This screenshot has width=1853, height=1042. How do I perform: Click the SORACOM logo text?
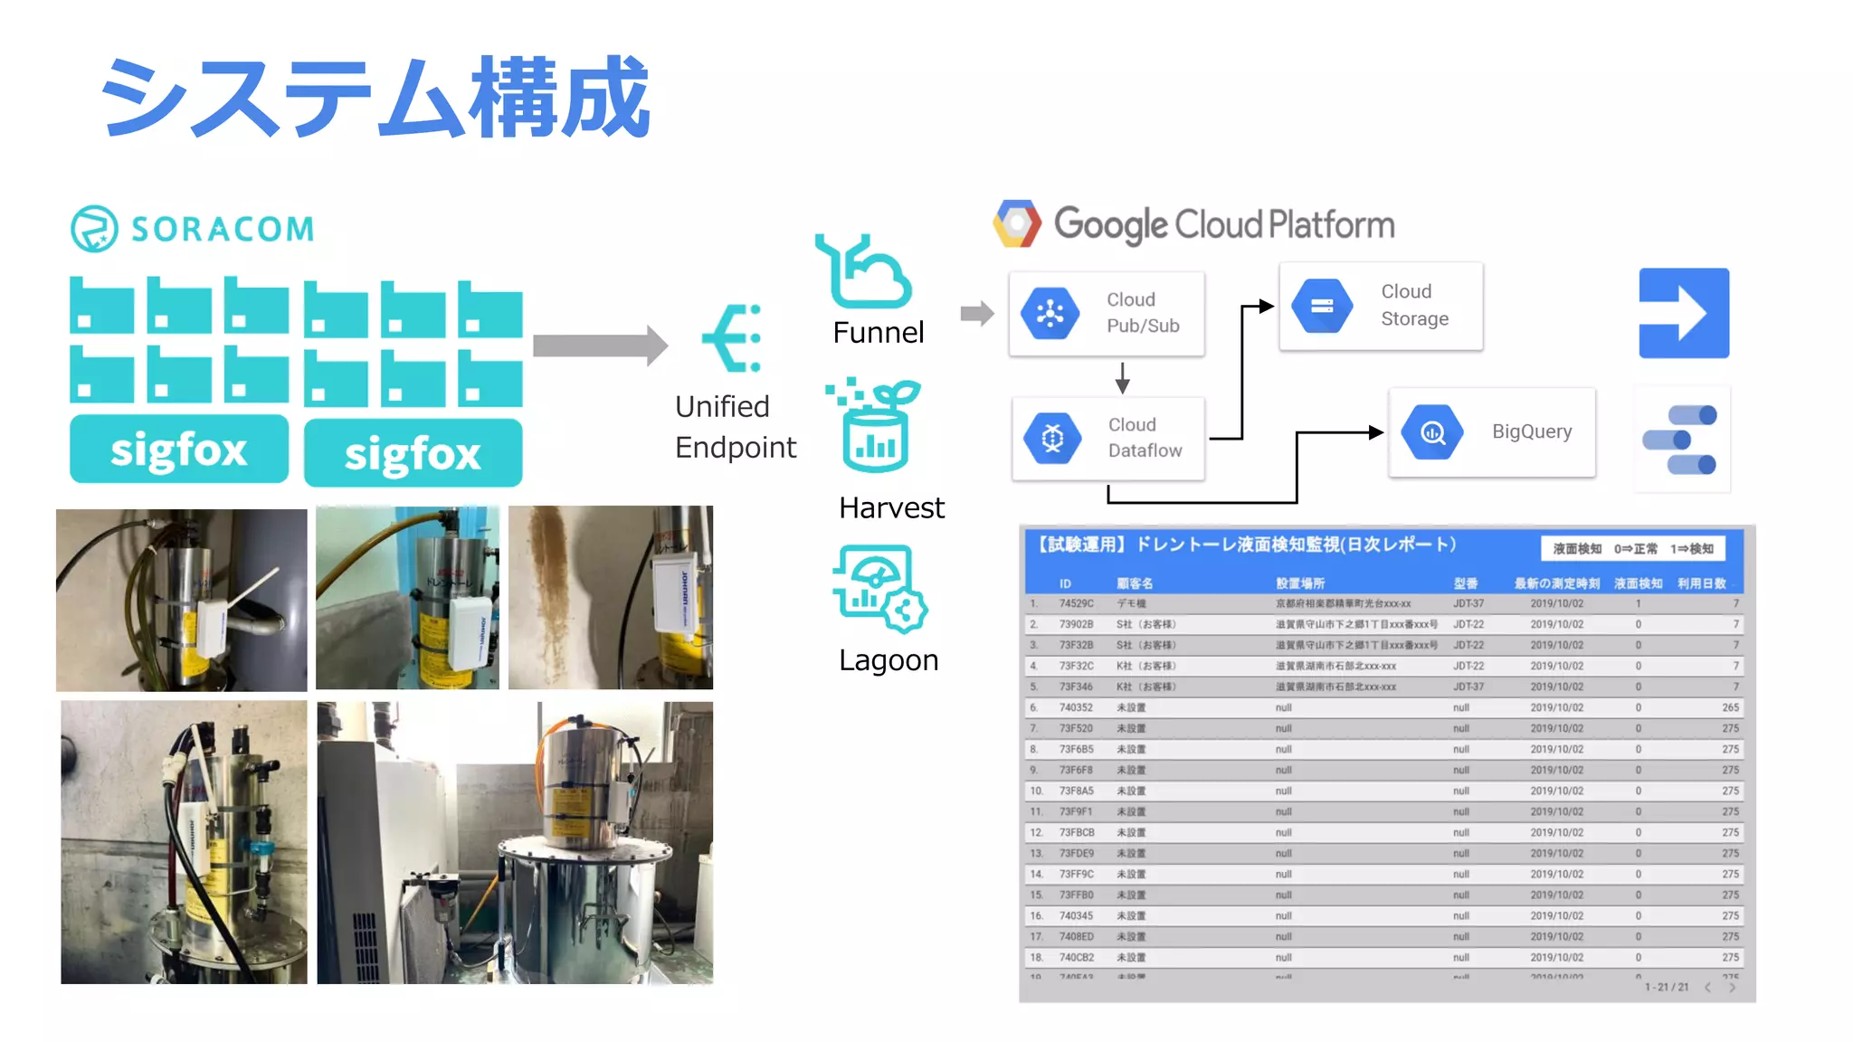(223, 229)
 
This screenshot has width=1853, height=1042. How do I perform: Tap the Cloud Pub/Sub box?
(1107, 313)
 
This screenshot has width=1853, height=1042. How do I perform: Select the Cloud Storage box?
(1381, 306)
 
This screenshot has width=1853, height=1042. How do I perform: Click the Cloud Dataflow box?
(1108, 438)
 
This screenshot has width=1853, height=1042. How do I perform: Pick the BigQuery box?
(1492, 432)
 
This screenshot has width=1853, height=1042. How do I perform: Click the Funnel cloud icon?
(863, 272)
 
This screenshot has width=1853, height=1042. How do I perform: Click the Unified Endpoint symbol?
(732, 338)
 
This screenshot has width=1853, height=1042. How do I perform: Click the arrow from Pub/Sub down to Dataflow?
(1122, 377)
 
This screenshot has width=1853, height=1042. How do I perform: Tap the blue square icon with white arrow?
(1684, 313)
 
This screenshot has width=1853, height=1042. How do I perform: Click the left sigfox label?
(179, 450)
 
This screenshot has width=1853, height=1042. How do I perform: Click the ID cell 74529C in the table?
(1076, 603)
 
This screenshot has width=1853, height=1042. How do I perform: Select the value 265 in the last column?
(1729, 707)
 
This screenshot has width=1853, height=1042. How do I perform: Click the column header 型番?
(1465, 583)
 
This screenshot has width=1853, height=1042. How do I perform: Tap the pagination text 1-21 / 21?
(1667, 987)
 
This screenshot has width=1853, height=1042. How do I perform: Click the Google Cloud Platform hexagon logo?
(1017, 224)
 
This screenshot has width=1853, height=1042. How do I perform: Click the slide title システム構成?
(375, 97)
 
